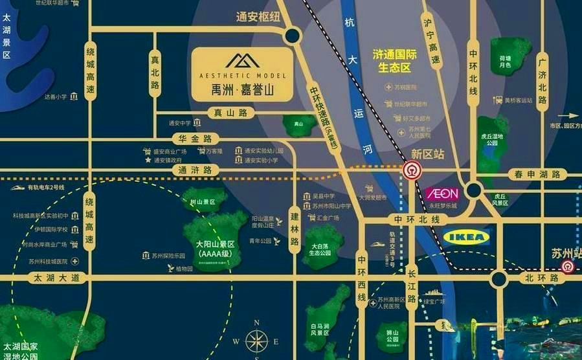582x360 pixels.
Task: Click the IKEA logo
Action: [466, 237]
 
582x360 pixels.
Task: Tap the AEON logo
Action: [442, 194]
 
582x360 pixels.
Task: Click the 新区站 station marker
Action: [410, 171]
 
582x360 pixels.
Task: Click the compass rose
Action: [256, 340]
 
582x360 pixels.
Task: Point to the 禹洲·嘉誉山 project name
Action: [243, 89]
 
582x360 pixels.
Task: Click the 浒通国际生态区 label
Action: [395, 61]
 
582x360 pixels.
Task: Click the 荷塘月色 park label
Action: [505, 61]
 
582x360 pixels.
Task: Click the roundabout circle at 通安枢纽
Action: [292, 36]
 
